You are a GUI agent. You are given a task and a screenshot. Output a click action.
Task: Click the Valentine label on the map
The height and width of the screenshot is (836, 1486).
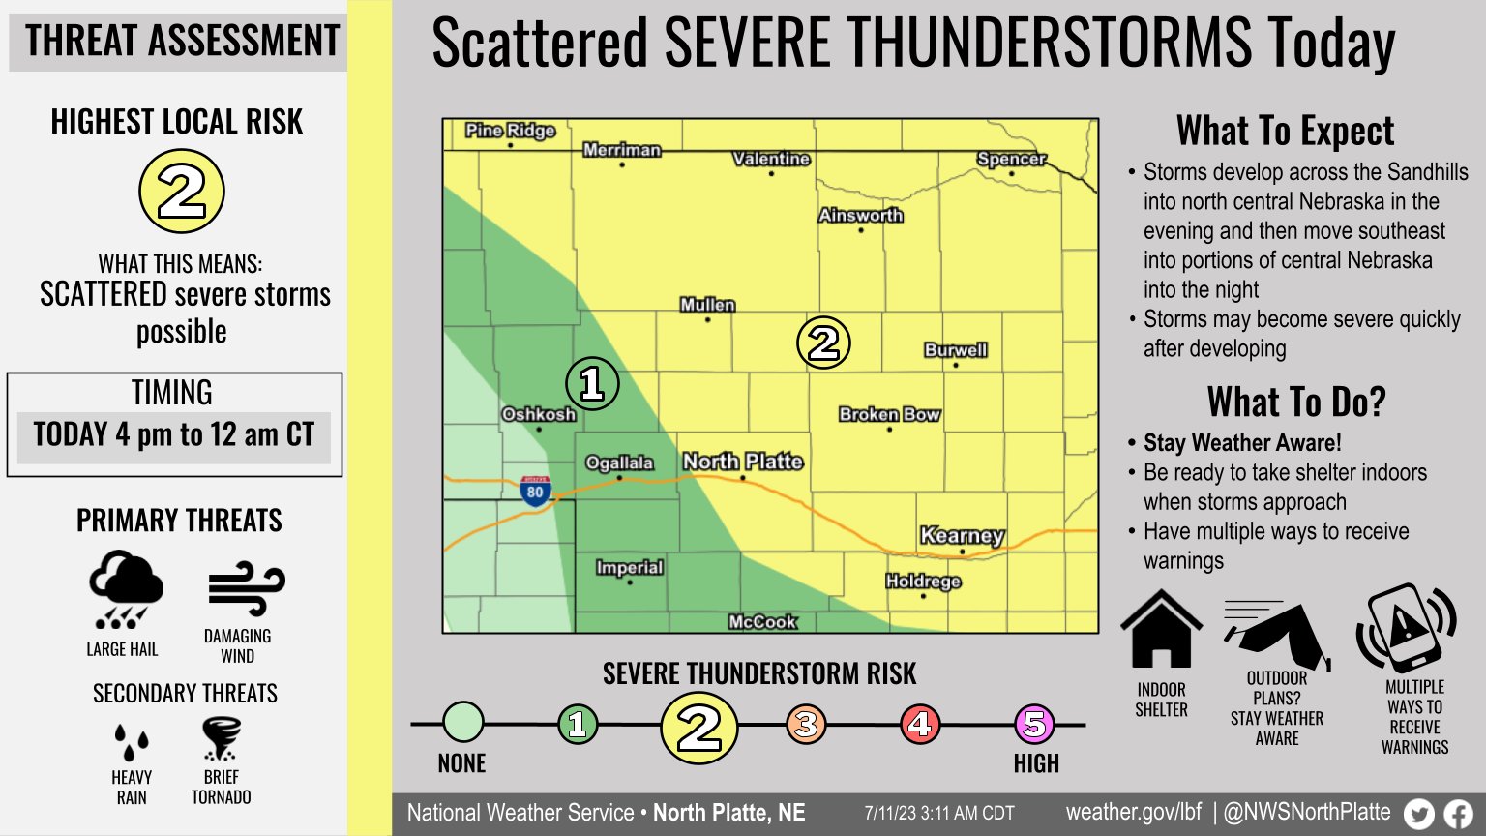[771, 159]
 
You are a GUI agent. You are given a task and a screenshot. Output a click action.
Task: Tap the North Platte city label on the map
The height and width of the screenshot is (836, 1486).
[743, 462]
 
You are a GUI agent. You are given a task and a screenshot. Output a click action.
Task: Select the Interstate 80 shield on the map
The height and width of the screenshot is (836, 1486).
[535, 491]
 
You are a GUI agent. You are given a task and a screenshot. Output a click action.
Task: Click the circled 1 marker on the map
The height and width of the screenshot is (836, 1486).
[592, 384]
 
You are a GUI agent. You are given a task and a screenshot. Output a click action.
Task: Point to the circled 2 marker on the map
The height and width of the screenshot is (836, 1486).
[823, 343]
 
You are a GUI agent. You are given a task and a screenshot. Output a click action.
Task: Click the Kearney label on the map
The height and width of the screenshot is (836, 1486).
[962, 535]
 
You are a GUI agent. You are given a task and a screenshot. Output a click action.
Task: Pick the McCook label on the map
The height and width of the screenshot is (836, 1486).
[762, 622]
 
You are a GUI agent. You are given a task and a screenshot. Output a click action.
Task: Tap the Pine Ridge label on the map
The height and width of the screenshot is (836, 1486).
[510, 131]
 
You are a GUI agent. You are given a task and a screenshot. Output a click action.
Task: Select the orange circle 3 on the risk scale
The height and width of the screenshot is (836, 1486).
[806, 724]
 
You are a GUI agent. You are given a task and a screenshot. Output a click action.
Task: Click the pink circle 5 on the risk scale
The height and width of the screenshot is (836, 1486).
[1034, 724]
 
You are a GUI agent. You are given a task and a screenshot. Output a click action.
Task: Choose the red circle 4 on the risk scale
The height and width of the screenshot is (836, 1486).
[920, 724]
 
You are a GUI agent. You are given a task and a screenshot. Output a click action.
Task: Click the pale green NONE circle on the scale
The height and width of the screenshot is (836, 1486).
[463, 722]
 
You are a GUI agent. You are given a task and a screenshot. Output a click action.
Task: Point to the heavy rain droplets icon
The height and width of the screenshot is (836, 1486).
[132, 742]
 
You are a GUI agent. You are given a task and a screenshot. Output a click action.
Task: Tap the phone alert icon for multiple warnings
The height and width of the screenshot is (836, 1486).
[1406, 628]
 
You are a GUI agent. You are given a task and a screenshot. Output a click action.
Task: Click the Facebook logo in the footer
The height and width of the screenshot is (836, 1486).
[1458, 814]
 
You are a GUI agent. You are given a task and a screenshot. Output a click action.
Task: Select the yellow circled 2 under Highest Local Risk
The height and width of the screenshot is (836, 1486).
[182, 192]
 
